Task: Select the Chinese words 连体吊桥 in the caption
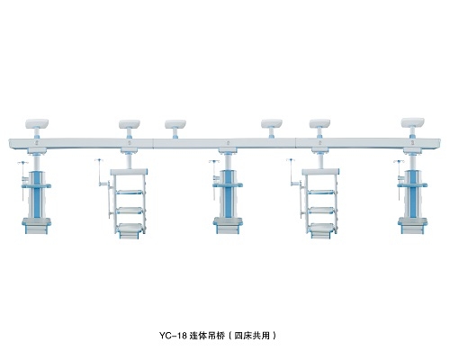click(x=207, y=336)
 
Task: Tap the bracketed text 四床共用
click(x=252, y=336)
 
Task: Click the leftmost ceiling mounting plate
click(x=37, y=123)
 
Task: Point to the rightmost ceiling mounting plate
click(x=413, y=122)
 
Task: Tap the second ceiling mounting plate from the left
click(x=130, y=124)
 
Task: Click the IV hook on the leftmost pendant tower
click(x=23, y=163)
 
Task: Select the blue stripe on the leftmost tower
click(x=37, y=194)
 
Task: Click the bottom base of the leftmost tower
click(x=37, y=226)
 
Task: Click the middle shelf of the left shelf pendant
click(x=130, y=211)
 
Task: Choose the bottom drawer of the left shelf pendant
click(x=130, y=230)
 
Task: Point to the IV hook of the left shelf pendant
click(x=98, y=160)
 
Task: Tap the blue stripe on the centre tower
click(x=228, y=194)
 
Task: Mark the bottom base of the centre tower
click(x=228, y=226)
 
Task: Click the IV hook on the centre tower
click(x=214, y=162)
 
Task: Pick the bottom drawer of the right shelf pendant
click(x=322, y=230)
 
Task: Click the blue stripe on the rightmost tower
click(x=412, y=194)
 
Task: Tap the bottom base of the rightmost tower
click(x=412, y=226)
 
